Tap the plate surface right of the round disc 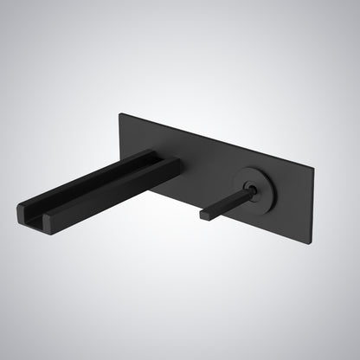[x=290, y=195]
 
